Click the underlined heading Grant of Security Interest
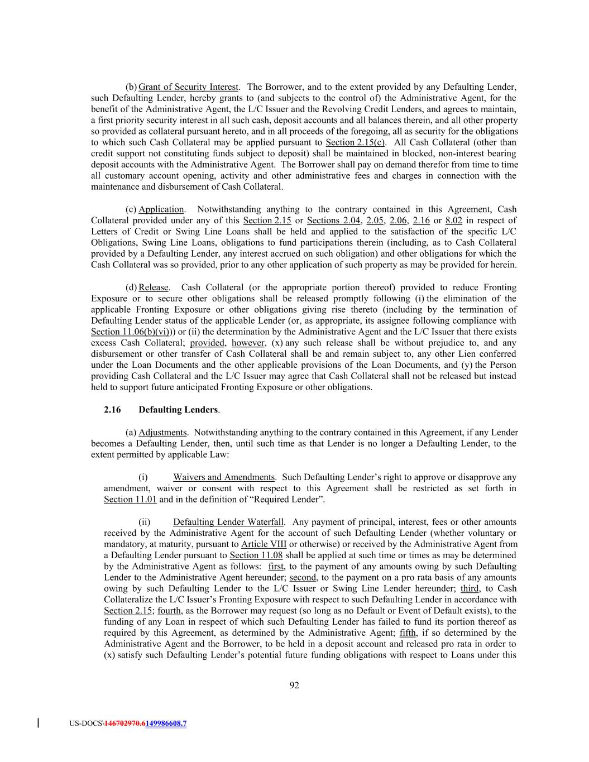[x=188, y=87]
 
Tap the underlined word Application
[x=161, y=209]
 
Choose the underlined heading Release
[x=153, y=287]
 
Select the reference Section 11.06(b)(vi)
[x=132, y=332]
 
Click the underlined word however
[x=248, y=343]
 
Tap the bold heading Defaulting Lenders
[x=178, y=410]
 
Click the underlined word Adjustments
[x=162, y=433]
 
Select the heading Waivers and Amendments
[x=224, y=477]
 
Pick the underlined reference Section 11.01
[x=130, y=500]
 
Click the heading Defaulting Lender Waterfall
[x=228, y=522]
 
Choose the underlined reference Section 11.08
[x=256, y=555]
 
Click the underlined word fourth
[x=169, y=611]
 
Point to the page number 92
[x=294, y=685]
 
